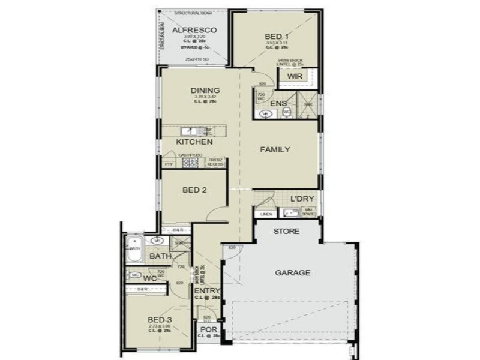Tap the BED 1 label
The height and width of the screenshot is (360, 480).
(x=276, y=37)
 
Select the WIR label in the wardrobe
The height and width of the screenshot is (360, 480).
(x=294, y=77)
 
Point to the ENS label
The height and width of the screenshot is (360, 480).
(x=278, y=104)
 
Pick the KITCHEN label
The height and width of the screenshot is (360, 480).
(x=194, y=142)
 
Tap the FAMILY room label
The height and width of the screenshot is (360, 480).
(x=275, y=149)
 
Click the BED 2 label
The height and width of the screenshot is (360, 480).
(x=194, y=190)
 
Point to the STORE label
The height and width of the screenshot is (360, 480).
(x=286, y=231)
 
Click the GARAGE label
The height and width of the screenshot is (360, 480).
(x=293, y=272)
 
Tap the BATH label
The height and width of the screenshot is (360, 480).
(x=160, y=256)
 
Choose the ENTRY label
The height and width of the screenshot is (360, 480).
(x=208, y=291)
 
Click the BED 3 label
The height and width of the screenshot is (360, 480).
(x=160, y=319)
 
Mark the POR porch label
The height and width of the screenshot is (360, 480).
(x=208, y=329)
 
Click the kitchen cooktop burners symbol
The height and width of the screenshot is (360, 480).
(x=190, y=162)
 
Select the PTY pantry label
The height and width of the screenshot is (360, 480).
(x=169, y=163)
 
